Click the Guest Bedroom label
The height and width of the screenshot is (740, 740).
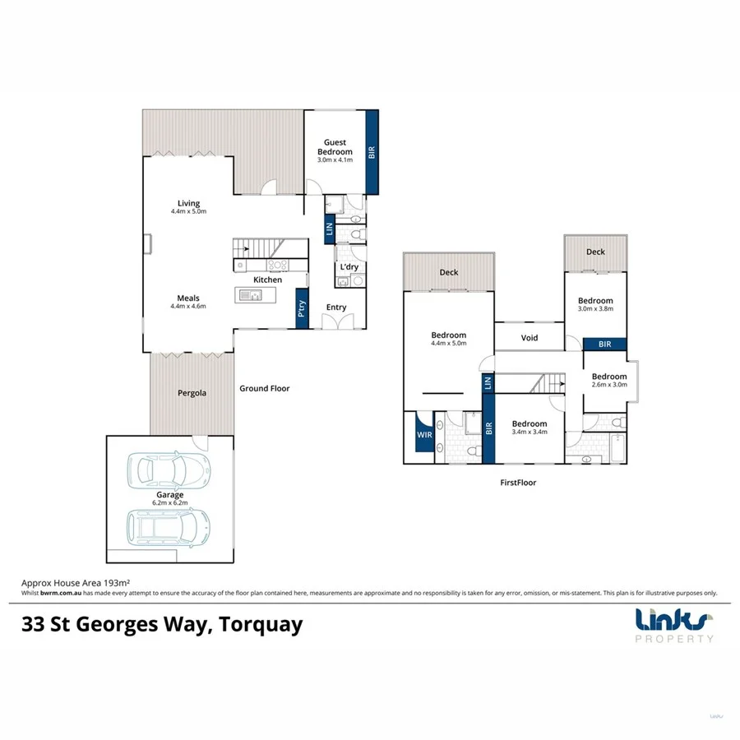(337, 147)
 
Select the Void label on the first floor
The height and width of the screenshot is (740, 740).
(530, 338)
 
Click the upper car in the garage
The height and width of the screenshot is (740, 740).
(169, 471)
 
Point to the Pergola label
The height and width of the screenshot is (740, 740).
(192, 393)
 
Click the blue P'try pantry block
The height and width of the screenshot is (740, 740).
(302, 309)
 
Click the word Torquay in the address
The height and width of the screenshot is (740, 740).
(262, 625)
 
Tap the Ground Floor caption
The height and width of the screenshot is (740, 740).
(264, 388)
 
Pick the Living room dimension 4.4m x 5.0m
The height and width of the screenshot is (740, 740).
(188, 211)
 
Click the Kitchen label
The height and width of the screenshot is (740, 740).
(268, 280)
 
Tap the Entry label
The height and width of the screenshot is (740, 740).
(336, 308)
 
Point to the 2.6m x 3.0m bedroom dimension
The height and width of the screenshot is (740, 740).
(609, 385)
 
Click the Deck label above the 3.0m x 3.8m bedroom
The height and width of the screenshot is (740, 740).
(595, 252)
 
